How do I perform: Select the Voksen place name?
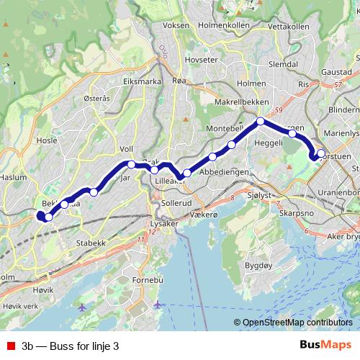pyautogui.click(x=176, y=25)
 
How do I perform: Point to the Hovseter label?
pyautogui.click(x=200, y=60)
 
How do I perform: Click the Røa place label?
pyautogui.click(x=179, y=81)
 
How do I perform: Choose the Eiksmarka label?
pyautogui.click(x=141, y=81)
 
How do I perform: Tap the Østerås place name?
pyautogui.click(x=97, y=99)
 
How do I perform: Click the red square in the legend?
pyautogui.click(x=9, y=346)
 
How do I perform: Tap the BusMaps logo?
pyautogui.click(x=326, y=346)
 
